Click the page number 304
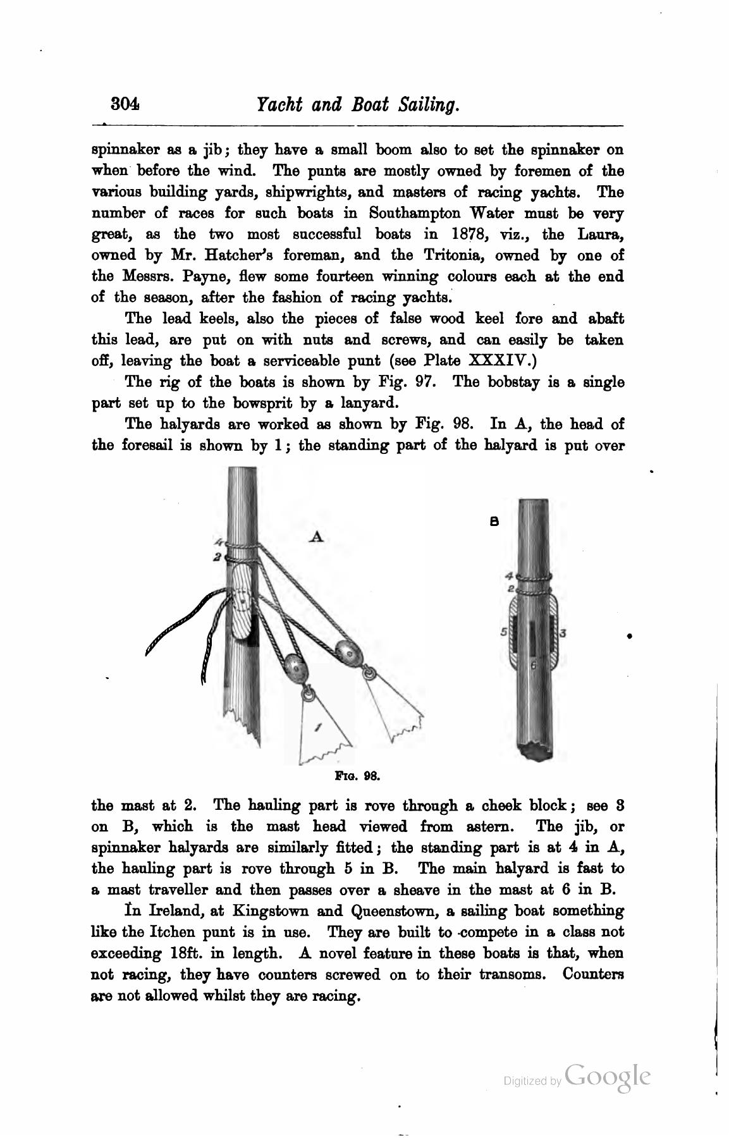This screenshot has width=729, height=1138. click(125, 104)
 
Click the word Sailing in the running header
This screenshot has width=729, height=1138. click(427, 104)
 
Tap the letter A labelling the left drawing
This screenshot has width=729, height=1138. click(318, 537)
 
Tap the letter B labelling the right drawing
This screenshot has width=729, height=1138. click(494, 522)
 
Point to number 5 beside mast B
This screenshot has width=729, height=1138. click(504, 631)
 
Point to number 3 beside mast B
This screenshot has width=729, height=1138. click(562, 632)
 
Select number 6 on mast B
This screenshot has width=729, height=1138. click(533, 665)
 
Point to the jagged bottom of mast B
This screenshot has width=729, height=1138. click(535, 752)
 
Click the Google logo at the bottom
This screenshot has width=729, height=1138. click(608, 1076)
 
